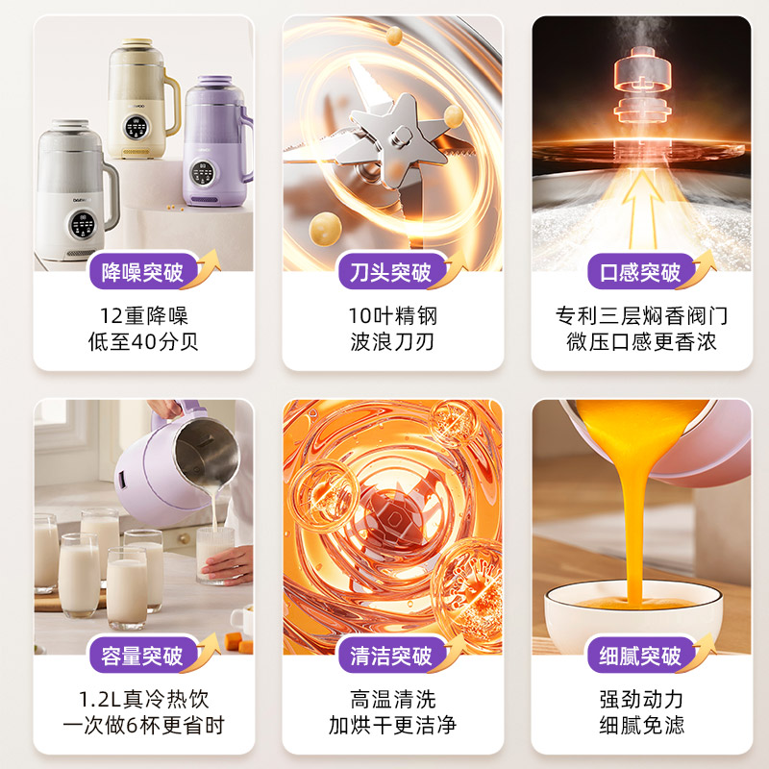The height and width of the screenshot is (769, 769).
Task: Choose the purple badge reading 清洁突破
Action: coord(390,657)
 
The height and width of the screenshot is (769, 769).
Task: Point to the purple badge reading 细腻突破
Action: coord(634,657)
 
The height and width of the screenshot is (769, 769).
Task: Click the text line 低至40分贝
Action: coord(143,342)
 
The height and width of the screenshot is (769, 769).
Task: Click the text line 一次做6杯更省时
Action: coord(143,726)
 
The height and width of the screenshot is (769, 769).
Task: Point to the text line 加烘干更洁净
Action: coord(391,726)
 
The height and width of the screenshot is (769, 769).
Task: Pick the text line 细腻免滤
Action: coord(640,726)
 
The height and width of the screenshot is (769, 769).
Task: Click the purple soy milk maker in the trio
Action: coord(212,144)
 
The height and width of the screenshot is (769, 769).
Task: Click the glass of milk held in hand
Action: coord(214,554)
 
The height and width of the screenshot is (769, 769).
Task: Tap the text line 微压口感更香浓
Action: coord(640,342)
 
